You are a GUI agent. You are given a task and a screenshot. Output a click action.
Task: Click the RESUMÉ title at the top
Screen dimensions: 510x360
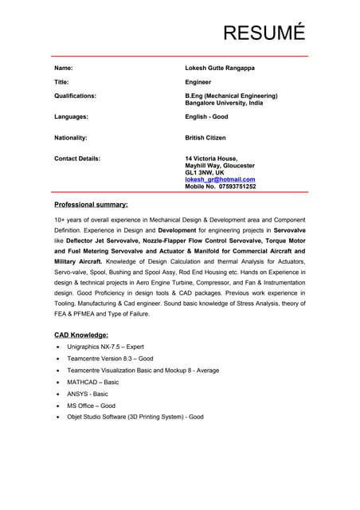tap(264, 33)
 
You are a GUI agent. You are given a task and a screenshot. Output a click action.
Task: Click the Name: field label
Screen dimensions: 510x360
tap(64, 69)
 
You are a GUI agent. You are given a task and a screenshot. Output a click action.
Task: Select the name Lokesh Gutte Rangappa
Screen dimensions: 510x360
tap(220, 69)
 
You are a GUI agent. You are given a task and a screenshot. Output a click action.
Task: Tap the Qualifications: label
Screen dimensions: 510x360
tap(75, 96)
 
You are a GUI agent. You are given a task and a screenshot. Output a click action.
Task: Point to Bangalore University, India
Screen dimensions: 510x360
tap(224, 103)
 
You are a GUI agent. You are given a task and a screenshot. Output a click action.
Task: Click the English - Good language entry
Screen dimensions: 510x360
tap(206, 116)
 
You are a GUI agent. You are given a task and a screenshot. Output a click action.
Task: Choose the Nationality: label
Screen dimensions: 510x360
tap(71, 138)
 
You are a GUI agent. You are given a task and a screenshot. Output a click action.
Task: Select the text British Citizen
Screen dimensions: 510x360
tap(205, 138)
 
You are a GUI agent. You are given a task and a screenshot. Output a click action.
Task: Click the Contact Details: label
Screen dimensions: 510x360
tap(77, 159)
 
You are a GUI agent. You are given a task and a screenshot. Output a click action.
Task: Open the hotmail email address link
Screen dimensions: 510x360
tap(220, 179)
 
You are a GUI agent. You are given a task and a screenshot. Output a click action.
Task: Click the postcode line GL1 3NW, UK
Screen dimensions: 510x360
tap(205, 172)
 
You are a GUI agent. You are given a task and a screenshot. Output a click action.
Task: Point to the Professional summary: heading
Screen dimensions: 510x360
tap(91, 205)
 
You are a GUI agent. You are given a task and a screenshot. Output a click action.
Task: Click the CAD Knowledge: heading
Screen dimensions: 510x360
tap(81, 335)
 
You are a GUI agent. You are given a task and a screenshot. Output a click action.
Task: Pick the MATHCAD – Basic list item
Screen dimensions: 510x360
tap(93, 382)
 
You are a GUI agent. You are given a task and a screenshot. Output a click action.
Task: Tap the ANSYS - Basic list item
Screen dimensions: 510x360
tap(88, 394)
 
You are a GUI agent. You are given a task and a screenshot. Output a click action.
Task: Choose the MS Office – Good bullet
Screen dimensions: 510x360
tap(92, 406)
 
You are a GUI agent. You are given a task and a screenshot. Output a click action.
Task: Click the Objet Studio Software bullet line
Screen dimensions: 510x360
tap(135, 417)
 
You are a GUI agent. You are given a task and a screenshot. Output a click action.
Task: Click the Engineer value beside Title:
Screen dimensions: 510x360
tap(198, 82)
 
